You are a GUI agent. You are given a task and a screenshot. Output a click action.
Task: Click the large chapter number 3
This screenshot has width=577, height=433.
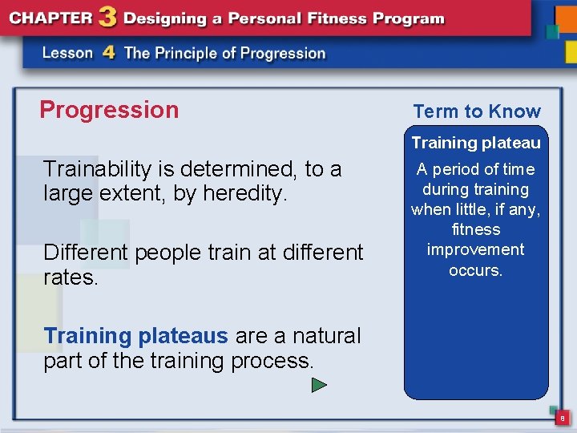coord(106,18)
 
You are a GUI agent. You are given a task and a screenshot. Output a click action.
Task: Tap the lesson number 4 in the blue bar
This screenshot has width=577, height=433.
coord(109,53)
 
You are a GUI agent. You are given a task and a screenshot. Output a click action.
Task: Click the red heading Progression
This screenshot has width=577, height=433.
coord(109,110)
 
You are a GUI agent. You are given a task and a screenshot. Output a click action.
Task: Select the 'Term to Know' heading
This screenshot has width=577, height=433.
coord(477,111)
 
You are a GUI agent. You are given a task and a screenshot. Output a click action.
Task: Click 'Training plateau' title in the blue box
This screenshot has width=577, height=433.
coord(476,143)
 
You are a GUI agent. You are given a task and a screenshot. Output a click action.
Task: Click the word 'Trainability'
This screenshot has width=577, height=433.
coord(97,169)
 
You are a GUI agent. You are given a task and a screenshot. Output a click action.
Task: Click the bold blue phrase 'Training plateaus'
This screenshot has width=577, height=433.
coord(135,336)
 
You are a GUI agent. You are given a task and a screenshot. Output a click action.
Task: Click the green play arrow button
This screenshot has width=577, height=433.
coord(319,386)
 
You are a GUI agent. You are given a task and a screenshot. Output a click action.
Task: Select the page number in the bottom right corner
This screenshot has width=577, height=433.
coord(563,418)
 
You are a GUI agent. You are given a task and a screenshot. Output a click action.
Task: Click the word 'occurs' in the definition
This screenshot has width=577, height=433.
coord(476,270)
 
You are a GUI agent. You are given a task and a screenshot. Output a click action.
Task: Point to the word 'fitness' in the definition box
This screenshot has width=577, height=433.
coord(476,229)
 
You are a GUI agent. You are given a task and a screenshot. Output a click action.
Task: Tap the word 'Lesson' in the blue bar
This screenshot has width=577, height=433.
coord(67,54)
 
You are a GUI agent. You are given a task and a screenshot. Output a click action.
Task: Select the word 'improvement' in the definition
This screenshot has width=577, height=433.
coord(476,249)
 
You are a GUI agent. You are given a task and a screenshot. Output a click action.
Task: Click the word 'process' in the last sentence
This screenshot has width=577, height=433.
coord(271,361)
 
